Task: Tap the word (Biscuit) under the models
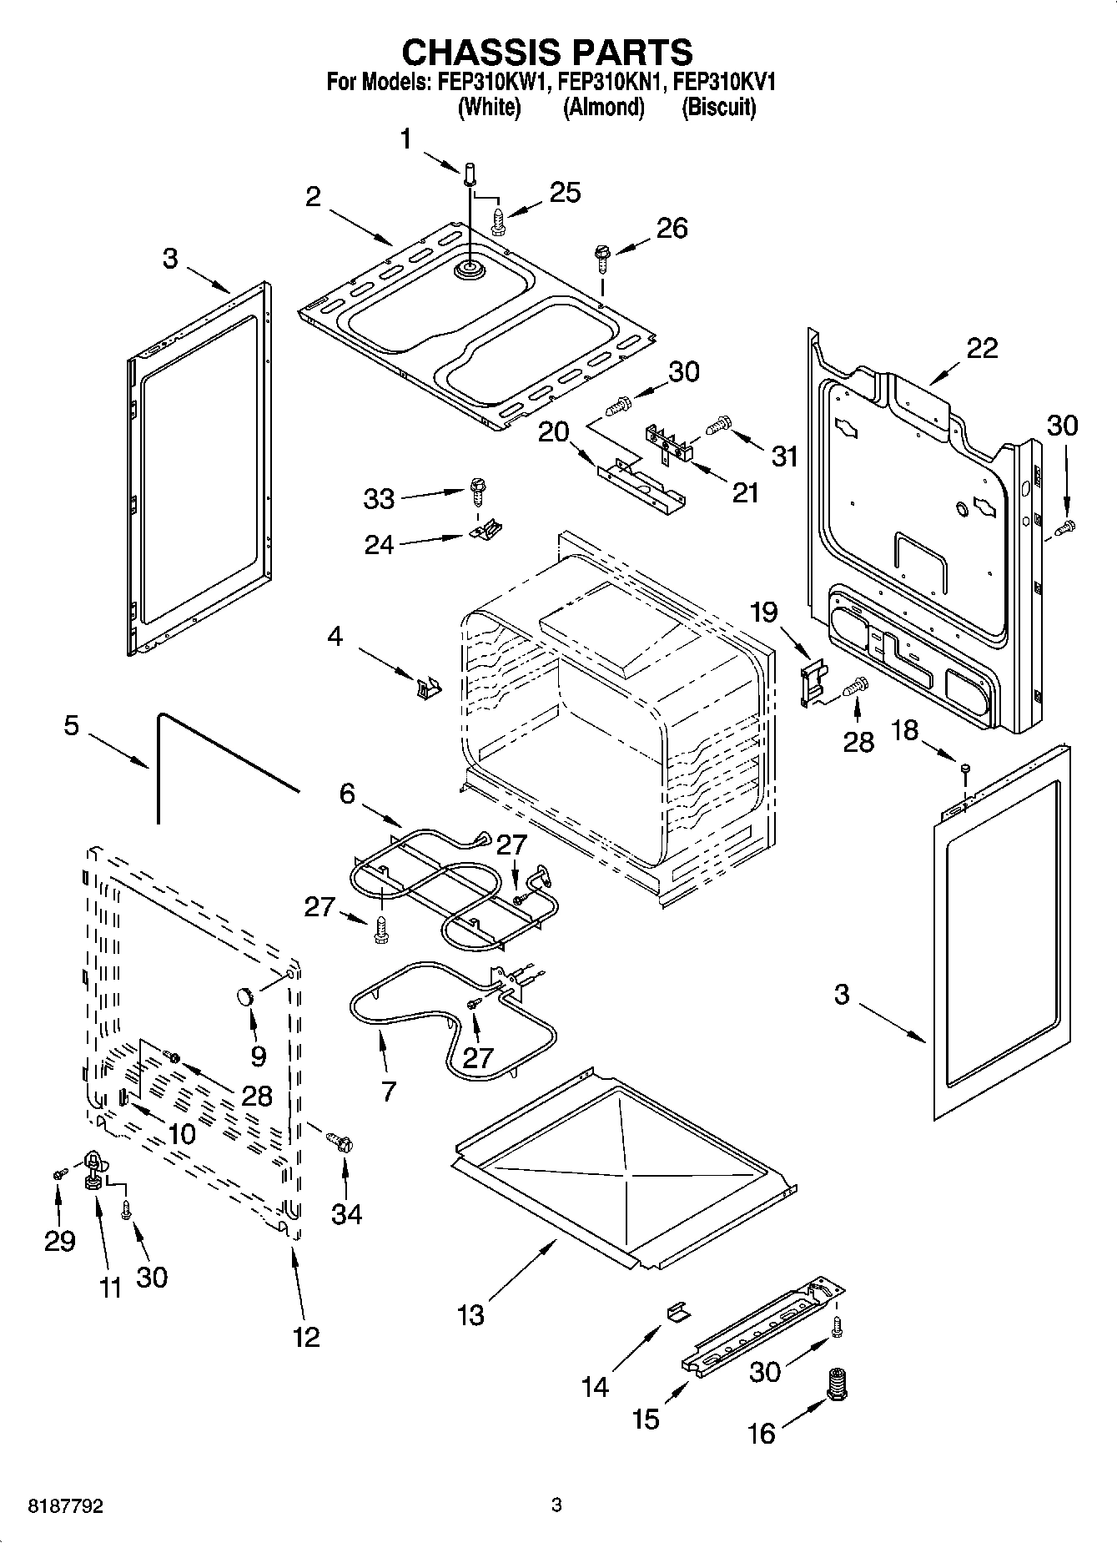click(x=719, y=108)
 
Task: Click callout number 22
click(x=982, y=348)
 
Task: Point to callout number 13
click(x=470, y=1315)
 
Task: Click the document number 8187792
click(x=66, y=1506)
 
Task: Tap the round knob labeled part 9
click(x=244, y=995)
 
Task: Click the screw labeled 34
click(x=340, y=1139)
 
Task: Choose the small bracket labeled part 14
click(x=678, y=1312)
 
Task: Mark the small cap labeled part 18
click(x=964, y=768)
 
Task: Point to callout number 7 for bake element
click(x=388, y=1090)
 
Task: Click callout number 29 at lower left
click(x=59, y=1241)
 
